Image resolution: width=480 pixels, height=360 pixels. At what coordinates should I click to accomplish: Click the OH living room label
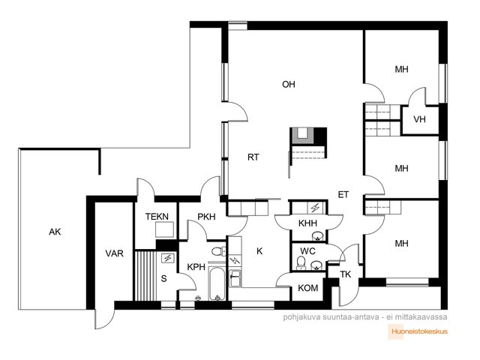click(x=288, y=84)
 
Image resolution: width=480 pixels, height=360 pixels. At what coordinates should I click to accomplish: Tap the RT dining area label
click(x=253, y=157)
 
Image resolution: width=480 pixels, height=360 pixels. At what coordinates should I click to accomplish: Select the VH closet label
click(x=419, y=119)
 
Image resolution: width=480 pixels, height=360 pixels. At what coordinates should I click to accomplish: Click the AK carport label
click(x=55, y=232)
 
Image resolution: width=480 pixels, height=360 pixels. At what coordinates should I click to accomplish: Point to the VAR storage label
click(x=115, y=253)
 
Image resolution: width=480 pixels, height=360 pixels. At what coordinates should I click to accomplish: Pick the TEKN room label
click(x=157, y=217)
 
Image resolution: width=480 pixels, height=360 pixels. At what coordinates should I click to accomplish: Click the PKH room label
click(x=206, y=217)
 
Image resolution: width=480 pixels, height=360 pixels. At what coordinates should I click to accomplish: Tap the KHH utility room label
click(x=307, y=223)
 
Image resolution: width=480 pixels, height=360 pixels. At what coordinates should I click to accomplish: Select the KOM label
click(x=308, y=288)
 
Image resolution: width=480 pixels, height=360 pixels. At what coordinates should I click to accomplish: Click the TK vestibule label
click(x=346, y=274)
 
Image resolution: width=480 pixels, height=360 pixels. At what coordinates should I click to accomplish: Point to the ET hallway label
click(x=343, y=195)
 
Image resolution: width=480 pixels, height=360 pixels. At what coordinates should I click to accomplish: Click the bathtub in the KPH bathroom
click(x=217, y=283)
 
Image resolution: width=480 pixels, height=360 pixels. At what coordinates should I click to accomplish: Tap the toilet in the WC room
click(x=301, y=263)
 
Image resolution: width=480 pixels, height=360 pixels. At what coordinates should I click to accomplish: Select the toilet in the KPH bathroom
click(x=218, y=251)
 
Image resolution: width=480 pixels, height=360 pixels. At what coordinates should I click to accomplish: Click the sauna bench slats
click(x=145, y=276)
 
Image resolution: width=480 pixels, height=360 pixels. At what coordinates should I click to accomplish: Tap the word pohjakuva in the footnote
click(x=301, y=316)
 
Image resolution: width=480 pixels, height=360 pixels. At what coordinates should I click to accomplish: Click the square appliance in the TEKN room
click(x=164, y=229)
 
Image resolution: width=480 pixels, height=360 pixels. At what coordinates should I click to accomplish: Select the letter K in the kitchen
click(x=259, y=251)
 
